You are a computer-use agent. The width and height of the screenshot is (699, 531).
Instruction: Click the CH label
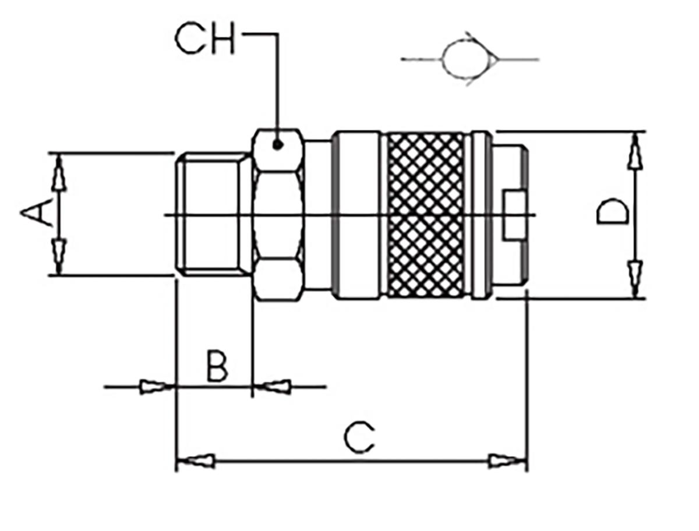(x=204, y=40)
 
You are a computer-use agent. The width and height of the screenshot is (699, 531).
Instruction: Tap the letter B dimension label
(x=217, y=366)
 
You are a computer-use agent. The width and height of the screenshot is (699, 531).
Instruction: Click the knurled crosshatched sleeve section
(x=426, y=215)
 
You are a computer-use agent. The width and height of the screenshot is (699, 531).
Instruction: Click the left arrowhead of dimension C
(x=195, y=461)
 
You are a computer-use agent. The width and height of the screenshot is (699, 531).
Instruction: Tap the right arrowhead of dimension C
(x=507, y=461)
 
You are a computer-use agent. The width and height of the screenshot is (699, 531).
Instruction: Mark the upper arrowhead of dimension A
(x=58, y=173)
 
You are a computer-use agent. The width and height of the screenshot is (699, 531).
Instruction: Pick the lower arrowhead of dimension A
(x=58, y=255)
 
